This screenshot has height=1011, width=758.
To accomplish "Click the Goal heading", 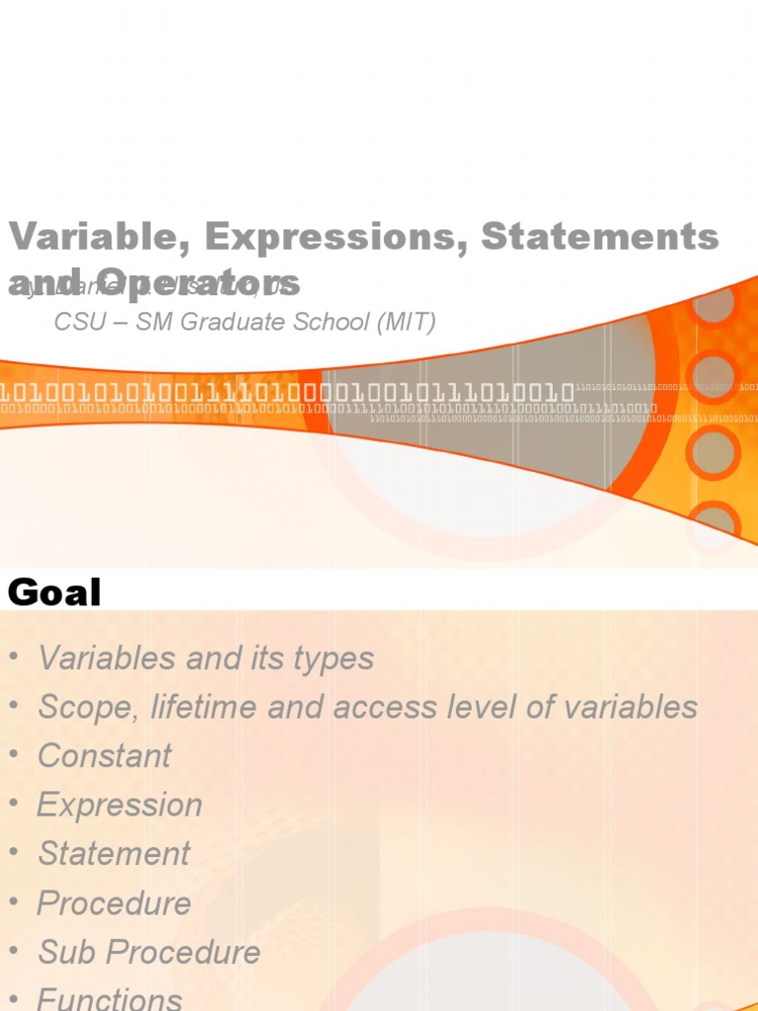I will [x=54, y=592].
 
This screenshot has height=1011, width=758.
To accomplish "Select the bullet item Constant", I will [x=105, y=756].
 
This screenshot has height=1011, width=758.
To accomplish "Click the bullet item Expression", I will [x=119, y=806].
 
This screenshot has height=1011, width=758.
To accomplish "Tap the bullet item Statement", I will [x=114, y=854].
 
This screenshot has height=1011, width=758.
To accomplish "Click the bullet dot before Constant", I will [x=14, y=754].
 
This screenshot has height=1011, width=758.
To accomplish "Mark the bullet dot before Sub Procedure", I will [x=14, y=951].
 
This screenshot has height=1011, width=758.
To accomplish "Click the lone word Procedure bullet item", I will [x=114, y=903].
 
